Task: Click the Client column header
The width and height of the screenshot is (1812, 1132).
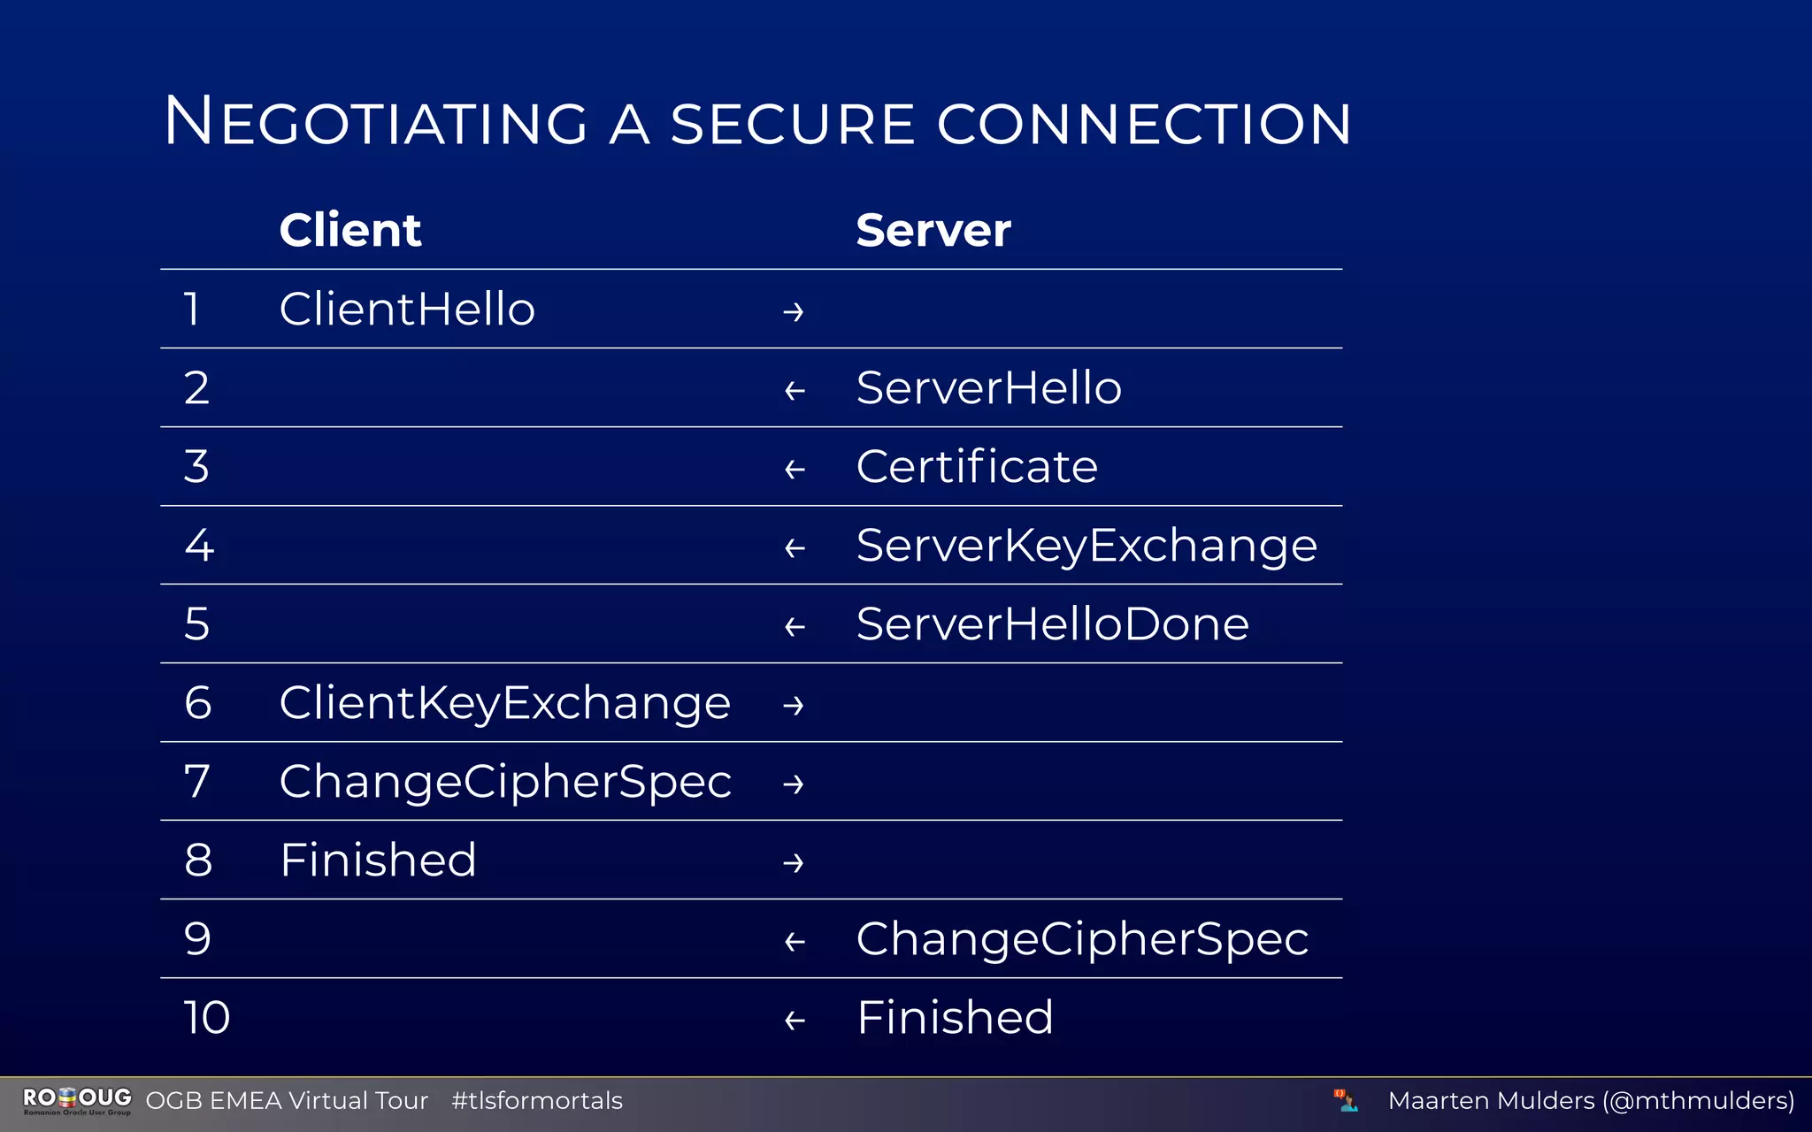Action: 350,230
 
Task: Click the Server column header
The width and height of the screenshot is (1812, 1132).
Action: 933,230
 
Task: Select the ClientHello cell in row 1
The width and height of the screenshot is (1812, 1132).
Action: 407,310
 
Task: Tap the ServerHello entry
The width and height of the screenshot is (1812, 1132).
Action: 988,388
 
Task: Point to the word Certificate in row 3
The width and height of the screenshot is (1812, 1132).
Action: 976,467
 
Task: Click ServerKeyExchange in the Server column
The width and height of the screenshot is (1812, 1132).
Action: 1086,546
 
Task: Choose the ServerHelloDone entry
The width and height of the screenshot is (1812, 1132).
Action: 1052,624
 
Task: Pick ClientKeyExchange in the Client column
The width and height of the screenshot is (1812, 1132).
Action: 504,703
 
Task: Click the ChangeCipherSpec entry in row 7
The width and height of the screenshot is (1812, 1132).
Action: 504,782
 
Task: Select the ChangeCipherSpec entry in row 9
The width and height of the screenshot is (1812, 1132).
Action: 1081,939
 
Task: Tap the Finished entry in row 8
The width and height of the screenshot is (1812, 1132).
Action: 378,860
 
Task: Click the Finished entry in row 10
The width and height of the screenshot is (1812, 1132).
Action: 955,1018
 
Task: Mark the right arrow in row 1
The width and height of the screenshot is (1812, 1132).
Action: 794,312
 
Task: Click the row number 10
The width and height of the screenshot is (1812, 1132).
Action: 207,1018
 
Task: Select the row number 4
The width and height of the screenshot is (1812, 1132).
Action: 199,546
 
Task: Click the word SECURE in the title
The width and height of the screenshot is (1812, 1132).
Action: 792,124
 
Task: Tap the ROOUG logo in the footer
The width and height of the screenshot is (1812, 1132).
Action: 77,1101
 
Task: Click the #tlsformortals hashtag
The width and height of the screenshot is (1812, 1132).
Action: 536,1101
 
